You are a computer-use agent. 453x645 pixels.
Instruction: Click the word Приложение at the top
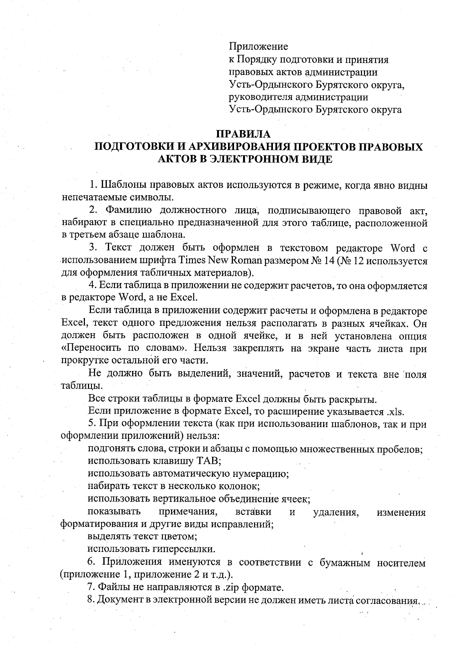[x=258, y=47]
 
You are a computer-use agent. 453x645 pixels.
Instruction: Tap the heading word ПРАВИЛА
[x=243, y=134]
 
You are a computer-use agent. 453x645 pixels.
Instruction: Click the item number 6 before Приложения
[x=91, y=562]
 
